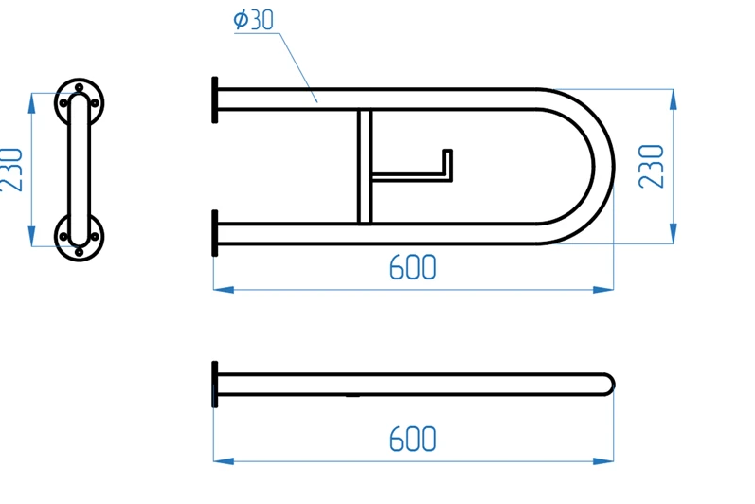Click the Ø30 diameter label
click(253, 20)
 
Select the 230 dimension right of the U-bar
click(651, 166)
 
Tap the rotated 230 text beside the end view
click(11, 170)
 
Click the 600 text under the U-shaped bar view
click(413, 267)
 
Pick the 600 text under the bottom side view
click(413, 439)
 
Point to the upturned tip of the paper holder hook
click(447, 152)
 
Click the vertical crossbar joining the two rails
click(365, 167)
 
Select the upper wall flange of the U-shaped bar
click(215, 99)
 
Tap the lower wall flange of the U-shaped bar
click(215, 233)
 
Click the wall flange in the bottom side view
click(215, 384)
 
